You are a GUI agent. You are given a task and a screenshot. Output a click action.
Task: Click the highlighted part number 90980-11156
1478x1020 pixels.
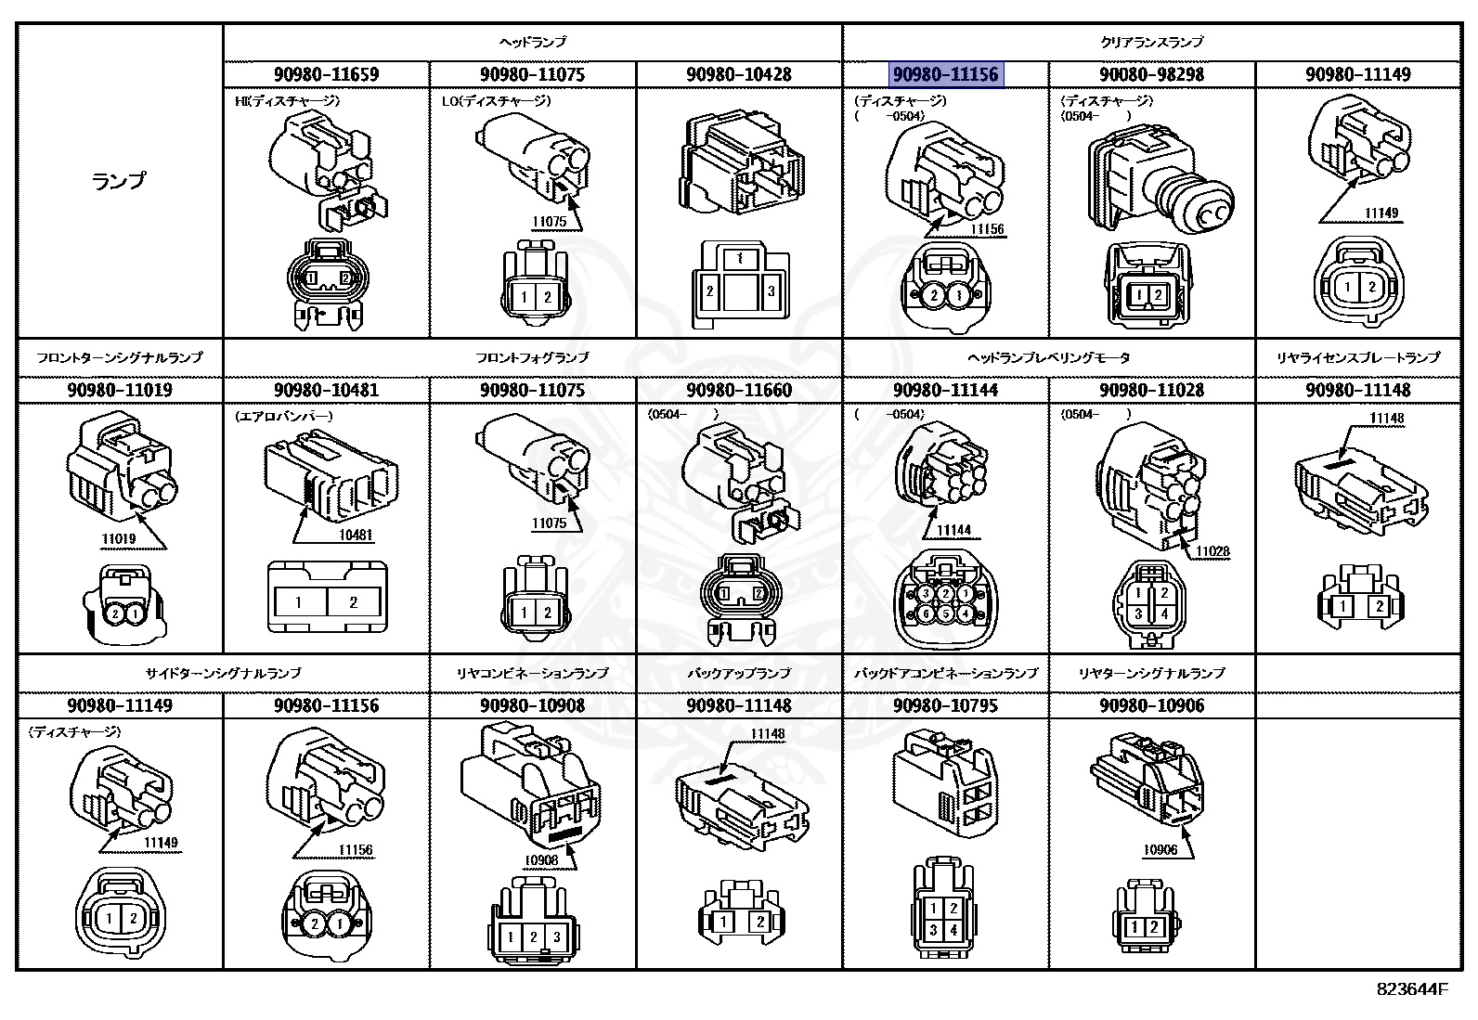tap(944, 74)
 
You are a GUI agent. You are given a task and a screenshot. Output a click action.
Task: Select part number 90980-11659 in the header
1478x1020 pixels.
tap(326, 74)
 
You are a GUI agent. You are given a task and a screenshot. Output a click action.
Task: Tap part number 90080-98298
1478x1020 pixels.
tap(1151, 74)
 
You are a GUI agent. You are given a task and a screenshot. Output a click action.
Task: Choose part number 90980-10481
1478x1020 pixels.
tap(326, 390)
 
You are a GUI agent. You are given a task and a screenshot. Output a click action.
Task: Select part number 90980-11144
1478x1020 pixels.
tap(945, 390)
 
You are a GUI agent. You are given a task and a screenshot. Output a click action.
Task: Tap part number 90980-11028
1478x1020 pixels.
tap(1151, 390)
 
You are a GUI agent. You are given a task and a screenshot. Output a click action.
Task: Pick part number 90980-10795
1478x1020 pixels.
tap(945, 705)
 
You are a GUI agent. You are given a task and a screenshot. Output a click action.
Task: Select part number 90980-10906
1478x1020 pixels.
tap(1151, 705)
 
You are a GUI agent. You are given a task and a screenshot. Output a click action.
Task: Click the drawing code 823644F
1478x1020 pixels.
tap(1411, 989)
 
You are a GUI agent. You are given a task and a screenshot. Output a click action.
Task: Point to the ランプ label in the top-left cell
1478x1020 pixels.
tap(119, 181)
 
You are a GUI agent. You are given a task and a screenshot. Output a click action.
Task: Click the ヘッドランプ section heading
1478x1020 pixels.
tap(532, 43)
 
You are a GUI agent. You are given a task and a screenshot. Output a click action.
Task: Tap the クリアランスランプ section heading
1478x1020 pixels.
tap(1151, 43)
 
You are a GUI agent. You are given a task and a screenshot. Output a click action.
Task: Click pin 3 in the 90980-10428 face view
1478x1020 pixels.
tap(771, 291)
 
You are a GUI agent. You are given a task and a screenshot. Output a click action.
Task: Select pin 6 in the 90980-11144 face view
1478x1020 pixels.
tap(926, 613)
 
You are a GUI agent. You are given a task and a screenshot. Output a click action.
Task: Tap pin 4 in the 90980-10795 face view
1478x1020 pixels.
tap(954, 931)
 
